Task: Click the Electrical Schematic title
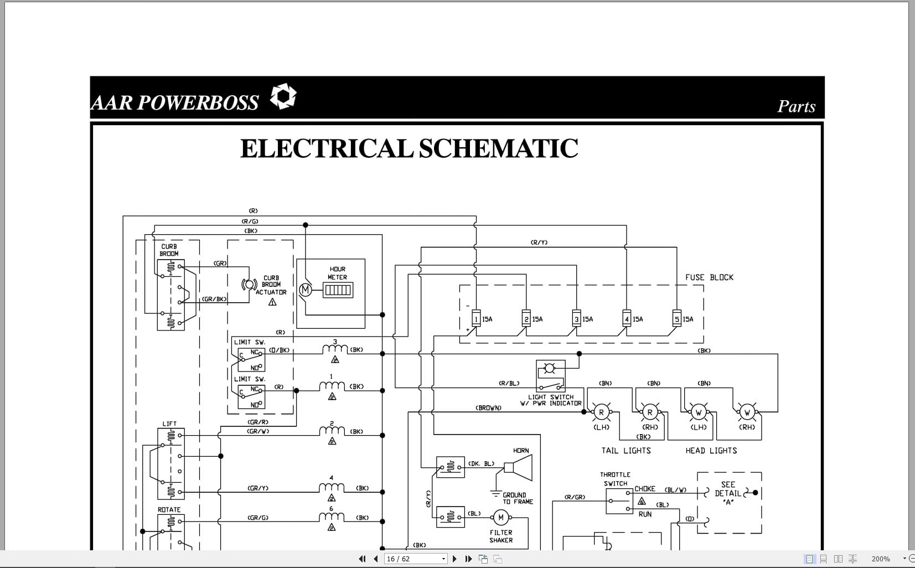pos(409,148)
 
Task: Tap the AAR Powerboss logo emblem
pos(283,96)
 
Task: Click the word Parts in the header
pos(796,106)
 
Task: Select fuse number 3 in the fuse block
pos(576,319)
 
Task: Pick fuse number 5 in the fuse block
pos(676,319)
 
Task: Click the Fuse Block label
pos(709,277)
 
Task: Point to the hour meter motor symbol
pos(305,290)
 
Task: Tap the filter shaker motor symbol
pos(501,518)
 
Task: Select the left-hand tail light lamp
pos(601,412)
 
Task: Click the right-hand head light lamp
pos(747,412)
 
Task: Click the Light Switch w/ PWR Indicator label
pos(551,400)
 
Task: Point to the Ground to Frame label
pos(517,498)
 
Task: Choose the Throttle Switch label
pos(615,479)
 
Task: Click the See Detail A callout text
pos(728,493)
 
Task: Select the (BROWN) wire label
pos(488,408)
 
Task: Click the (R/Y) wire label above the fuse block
pos(539,242)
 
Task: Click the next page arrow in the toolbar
pos(455,559)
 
